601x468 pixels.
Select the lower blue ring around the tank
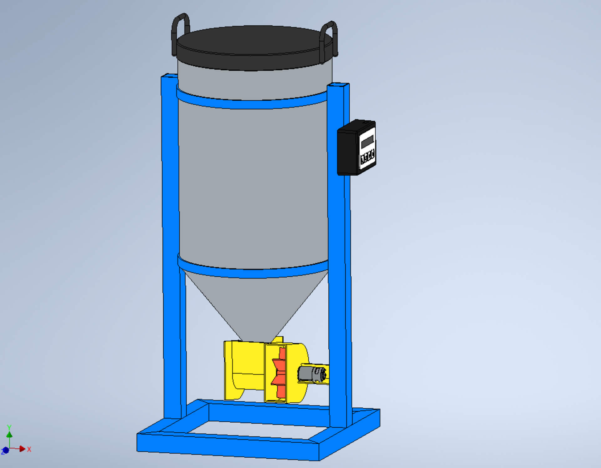point(250,272)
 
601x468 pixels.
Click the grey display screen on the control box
point(367,142)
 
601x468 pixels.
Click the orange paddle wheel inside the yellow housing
point(280,372)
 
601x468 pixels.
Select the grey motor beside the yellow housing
point(311,374)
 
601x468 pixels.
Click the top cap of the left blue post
point(169,76)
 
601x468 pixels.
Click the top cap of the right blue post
point(338,85)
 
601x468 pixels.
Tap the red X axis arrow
point(22,449)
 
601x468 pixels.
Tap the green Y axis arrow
point(9,434)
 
